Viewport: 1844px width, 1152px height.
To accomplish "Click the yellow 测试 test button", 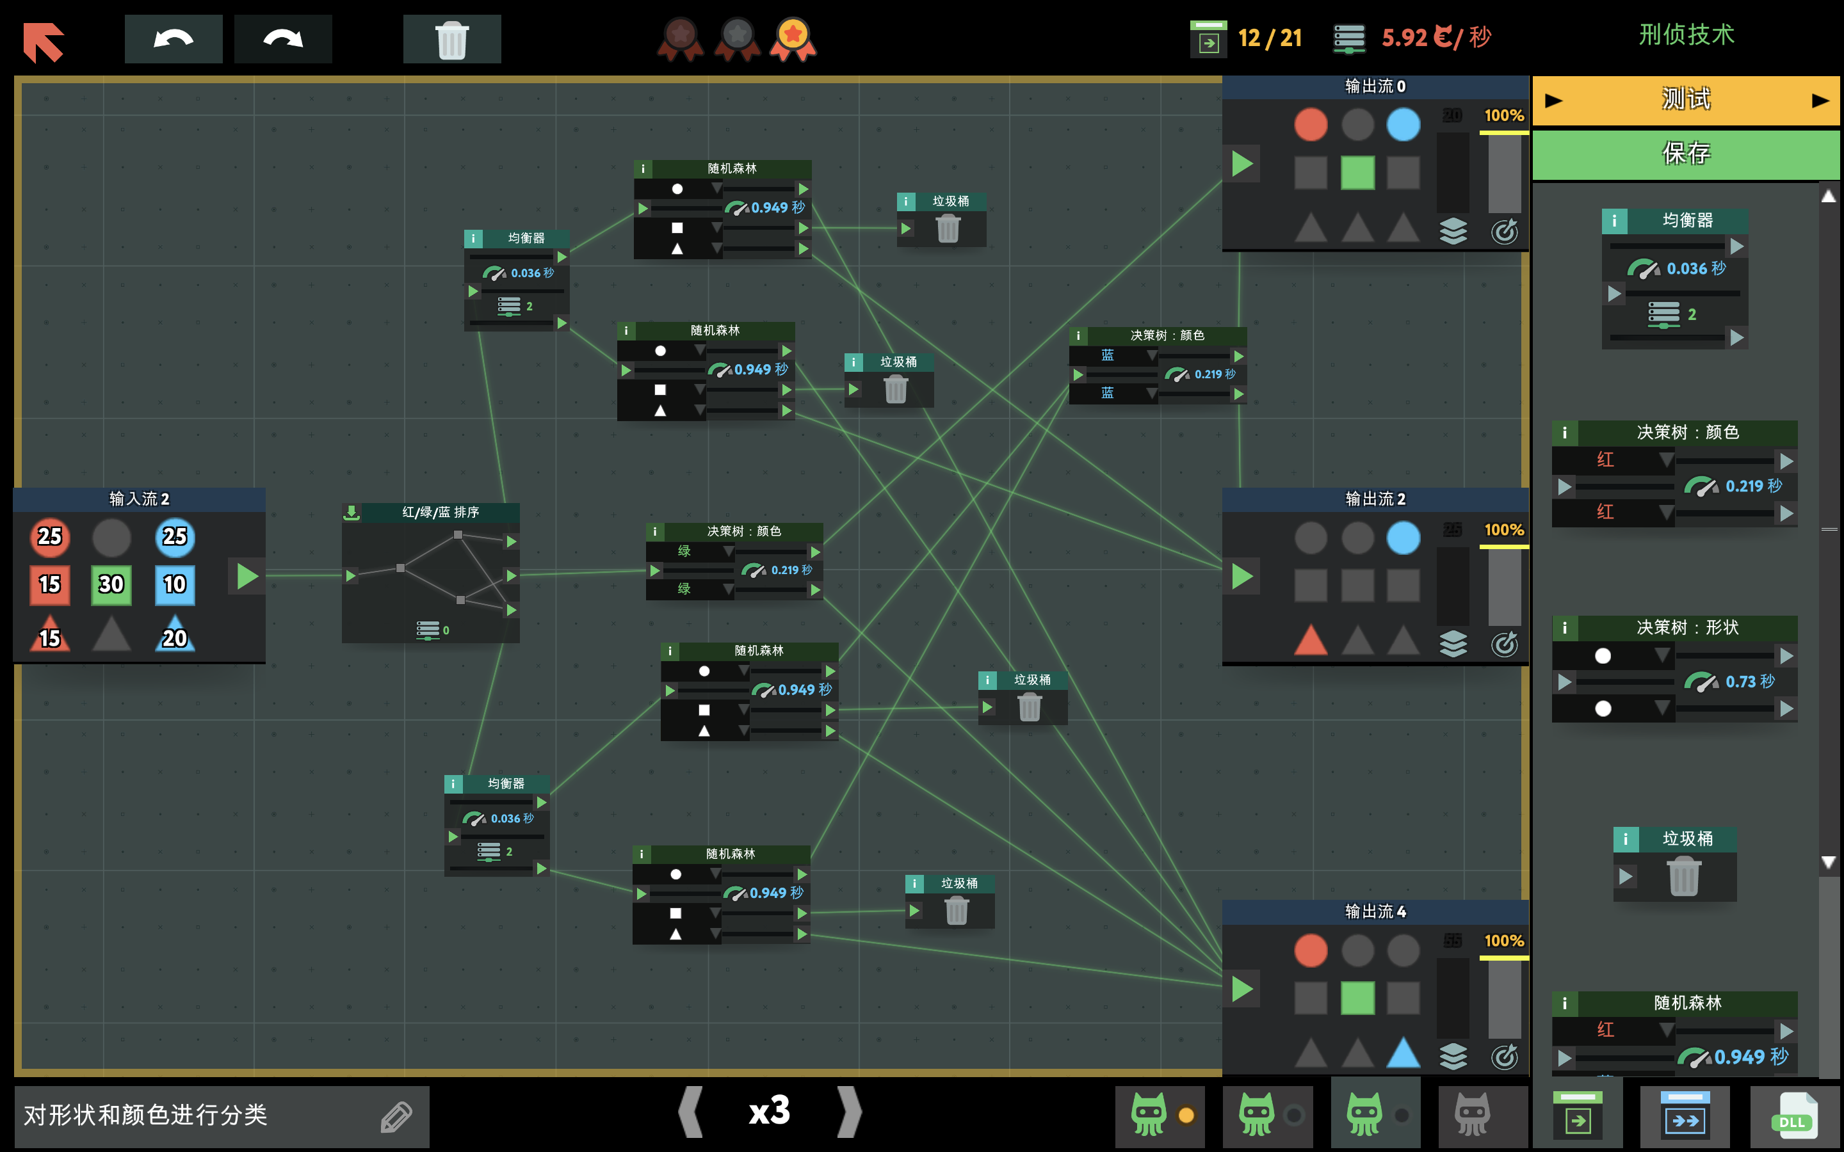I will (1685, 100).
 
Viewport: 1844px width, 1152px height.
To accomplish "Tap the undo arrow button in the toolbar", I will (174, 39).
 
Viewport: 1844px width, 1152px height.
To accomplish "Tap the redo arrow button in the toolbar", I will (283, 39).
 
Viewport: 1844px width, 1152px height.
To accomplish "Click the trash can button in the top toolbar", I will (452, 39).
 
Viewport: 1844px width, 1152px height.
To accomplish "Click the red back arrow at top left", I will (44, 41).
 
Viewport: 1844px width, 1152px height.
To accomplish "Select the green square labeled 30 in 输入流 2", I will (111, 584).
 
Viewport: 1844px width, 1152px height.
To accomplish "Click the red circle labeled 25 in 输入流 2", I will (49, 536).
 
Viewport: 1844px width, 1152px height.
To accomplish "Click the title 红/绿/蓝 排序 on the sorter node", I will (441, 512).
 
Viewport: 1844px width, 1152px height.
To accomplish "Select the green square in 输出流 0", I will (1357, 172).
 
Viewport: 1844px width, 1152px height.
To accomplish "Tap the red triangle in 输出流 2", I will (1311, 640).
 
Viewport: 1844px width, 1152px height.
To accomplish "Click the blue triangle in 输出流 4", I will (1403, 1052).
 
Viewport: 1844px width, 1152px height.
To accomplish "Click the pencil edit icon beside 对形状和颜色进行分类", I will (396, 1116).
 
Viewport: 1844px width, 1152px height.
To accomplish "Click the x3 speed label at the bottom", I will (770, 1111).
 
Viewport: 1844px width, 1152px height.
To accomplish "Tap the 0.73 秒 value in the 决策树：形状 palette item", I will (1749, 681).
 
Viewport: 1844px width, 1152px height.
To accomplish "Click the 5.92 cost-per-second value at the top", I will (1403, 37).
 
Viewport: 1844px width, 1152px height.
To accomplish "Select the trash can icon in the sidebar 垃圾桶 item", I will (1683, 876).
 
